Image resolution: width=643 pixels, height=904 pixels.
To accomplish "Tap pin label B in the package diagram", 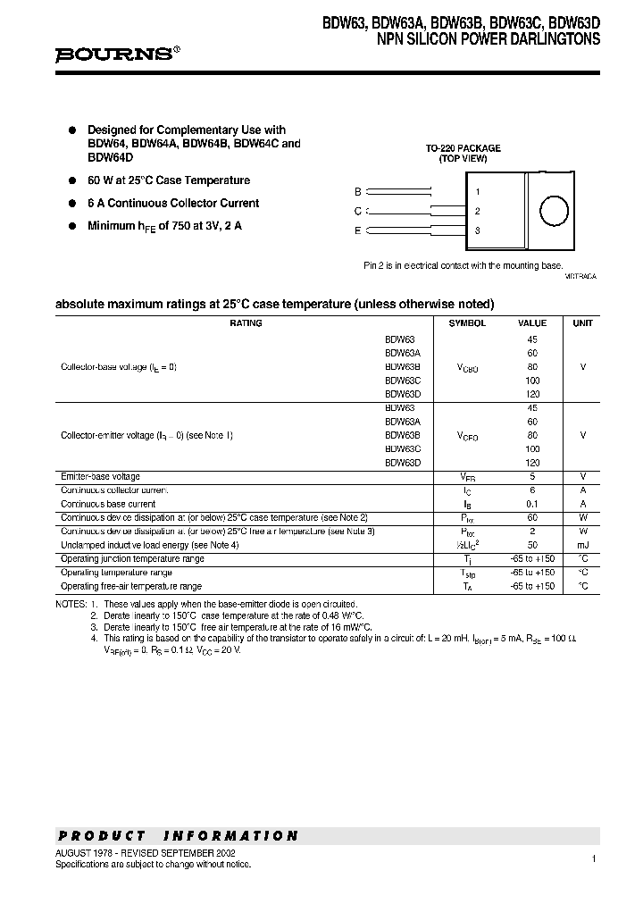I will point(358,192).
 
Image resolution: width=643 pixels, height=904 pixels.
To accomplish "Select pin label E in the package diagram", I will point(358,230).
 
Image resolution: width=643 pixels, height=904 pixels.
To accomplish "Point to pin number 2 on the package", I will point(478,212).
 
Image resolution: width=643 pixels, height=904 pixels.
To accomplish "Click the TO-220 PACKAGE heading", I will point(463,148).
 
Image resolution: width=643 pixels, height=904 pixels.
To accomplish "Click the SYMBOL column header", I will point(467,323).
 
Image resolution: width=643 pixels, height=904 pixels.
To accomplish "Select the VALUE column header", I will point(532,323).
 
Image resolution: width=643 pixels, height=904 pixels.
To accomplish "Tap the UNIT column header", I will point(582,323).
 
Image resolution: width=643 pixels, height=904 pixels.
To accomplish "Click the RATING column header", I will point(246,323).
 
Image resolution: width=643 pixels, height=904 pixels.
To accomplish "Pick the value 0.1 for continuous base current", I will point(532,504).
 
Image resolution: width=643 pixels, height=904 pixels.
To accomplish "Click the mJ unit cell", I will point(582,545).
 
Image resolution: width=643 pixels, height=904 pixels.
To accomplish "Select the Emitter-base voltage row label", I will point(100,477).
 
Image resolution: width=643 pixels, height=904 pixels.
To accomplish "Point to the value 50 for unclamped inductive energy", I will point(532,545).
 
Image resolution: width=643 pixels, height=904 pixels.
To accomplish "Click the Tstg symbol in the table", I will point(467,573).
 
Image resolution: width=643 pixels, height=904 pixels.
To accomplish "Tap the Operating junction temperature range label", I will point(132,559).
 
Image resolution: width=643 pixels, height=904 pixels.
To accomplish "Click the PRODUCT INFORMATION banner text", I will point(179,836).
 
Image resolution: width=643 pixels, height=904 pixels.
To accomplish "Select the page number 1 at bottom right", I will point(593,858).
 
